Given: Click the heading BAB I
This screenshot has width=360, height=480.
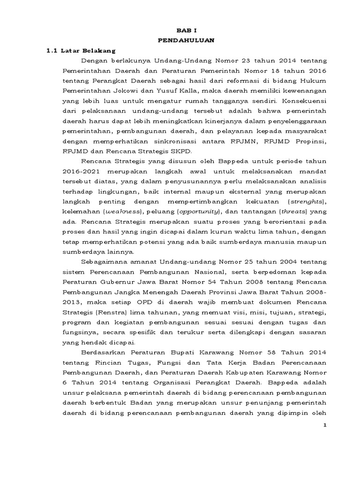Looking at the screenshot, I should click(x=187, y=29).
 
